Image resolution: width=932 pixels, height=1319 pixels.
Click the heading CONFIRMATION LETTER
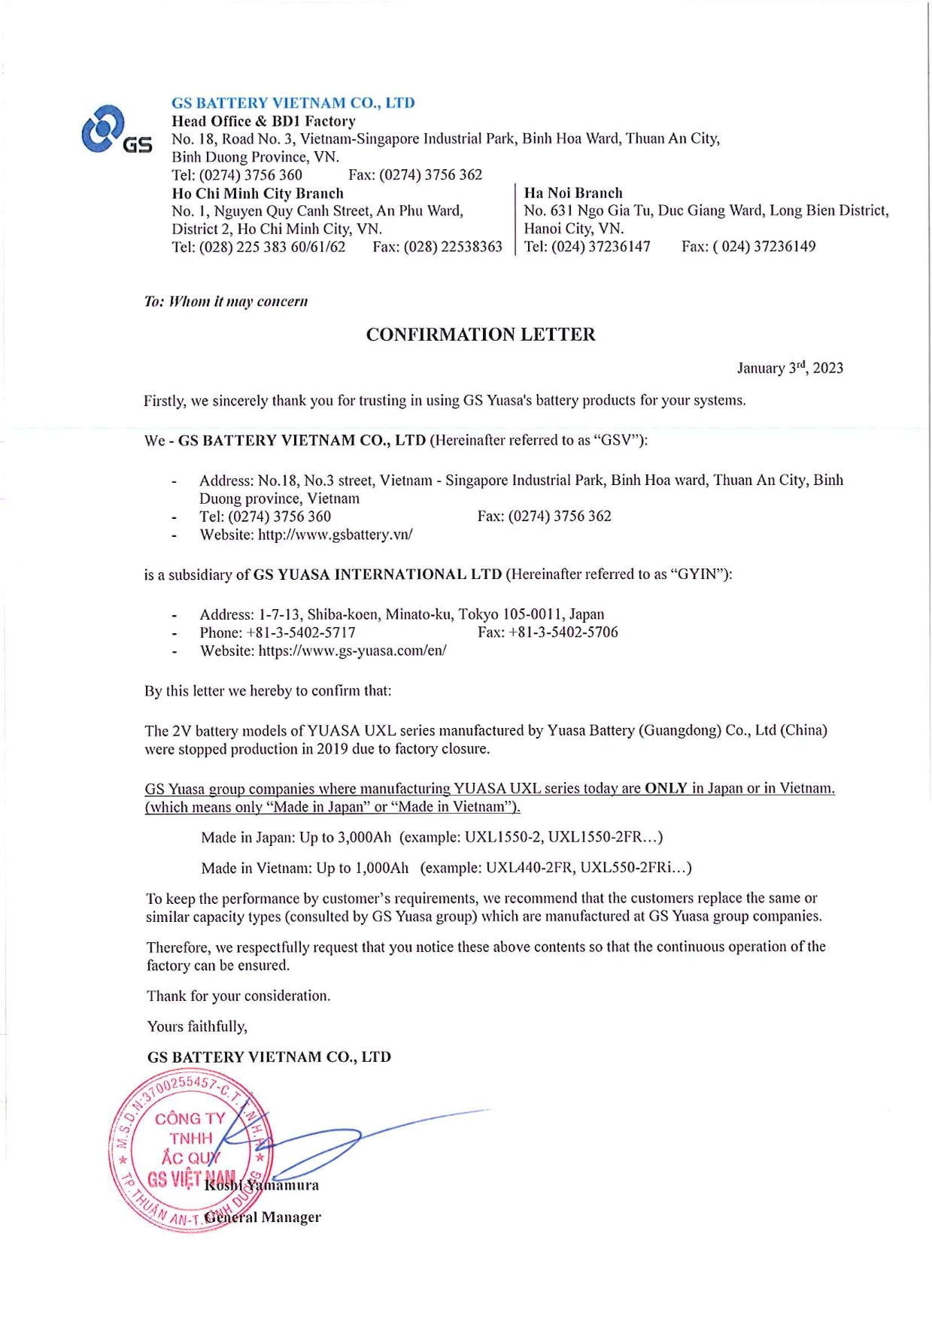click(481, 335)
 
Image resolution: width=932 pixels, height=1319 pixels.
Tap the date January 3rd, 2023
click(789, 368)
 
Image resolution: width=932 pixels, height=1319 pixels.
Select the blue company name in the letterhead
click(293, 103)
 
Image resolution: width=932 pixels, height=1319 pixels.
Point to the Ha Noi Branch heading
click(573, 193)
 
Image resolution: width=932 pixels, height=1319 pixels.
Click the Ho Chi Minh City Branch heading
click(257, 193)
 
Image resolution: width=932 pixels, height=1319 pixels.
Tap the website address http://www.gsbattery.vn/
click(335, 535)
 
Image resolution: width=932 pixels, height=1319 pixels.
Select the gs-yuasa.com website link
click(352, 650)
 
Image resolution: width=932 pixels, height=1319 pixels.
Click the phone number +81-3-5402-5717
click(300, 632)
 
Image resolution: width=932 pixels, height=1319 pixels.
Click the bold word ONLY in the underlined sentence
click(666, 788)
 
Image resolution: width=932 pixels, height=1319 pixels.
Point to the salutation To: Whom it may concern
click(226, 302)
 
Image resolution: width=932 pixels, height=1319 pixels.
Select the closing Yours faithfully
click(197, 1026)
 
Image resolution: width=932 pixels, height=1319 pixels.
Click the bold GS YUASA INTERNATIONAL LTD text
click(377, 575)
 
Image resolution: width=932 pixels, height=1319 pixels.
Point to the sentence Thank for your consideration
click(238, 996)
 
